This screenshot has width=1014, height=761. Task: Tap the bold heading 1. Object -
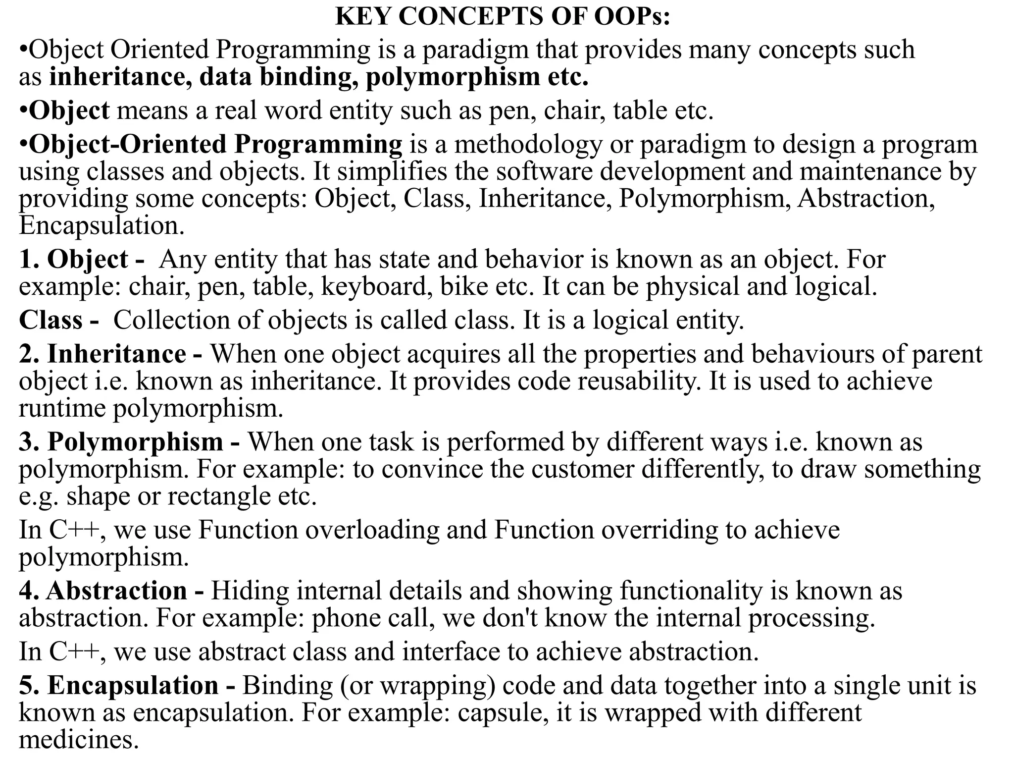pyautogui.click(x=82, y=260)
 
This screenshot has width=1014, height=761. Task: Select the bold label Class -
pyautogui.click(x=58, y=320)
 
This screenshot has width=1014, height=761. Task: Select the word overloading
pyautogui.click(x=372, y=530)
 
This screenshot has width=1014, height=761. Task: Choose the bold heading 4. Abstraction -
pyautogui.click(x=111, y=591)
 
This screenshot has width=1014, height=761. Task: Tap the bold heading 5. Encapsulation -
pyautogui.click(x=127, y=686)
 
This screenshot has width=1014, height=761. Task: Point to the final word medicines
pyautogui.click(x=78, y=740)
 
